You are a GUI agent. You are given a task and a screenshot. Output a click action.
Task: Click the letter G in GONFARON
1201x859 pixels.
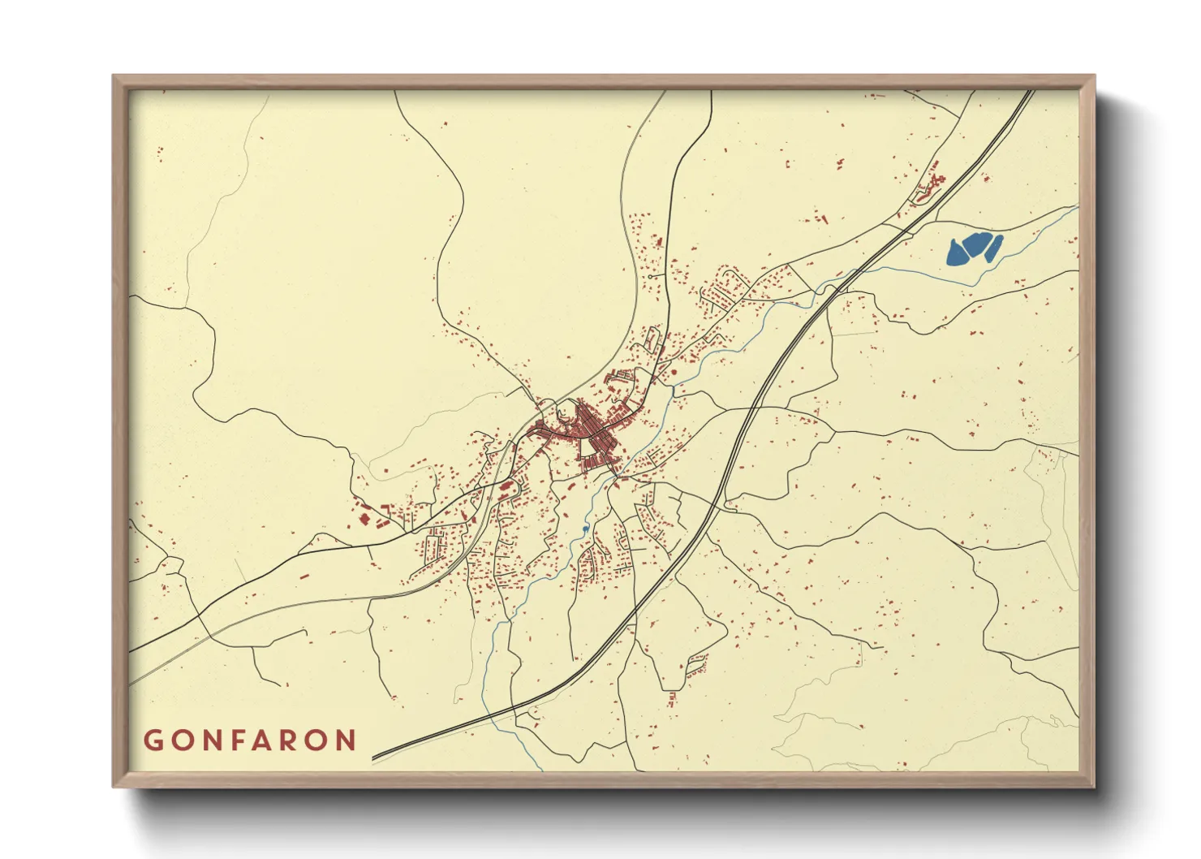tap(153, 740)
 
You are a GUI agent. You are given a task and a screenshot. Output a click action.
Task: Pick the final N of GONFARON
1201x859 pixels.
tap(347, 740)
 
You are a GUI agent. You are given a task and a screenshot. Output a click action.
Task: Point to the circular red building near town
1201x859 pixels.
tap(673, 372)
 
